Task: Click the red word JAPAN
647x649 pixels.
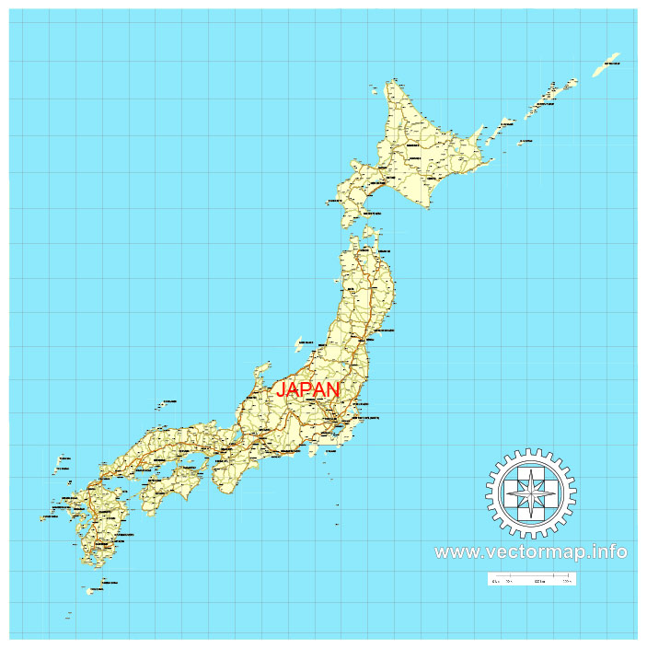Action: (308, 389)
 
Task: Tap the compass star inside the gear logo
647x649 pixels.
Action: (531, 493)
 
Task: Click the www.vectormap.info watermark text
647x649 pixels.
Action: (531, 552)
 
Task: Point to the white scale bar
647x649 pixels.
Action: (531, 579)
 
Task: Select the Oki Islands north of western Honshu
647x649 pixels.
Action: (167, 402)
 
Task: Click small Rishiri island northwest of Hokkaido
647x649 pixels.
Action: (375, 88)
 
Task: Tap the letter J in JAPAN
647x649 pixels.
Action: (283, 390)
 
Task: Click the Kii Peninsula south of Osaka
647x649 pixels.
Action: (225, 475)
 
